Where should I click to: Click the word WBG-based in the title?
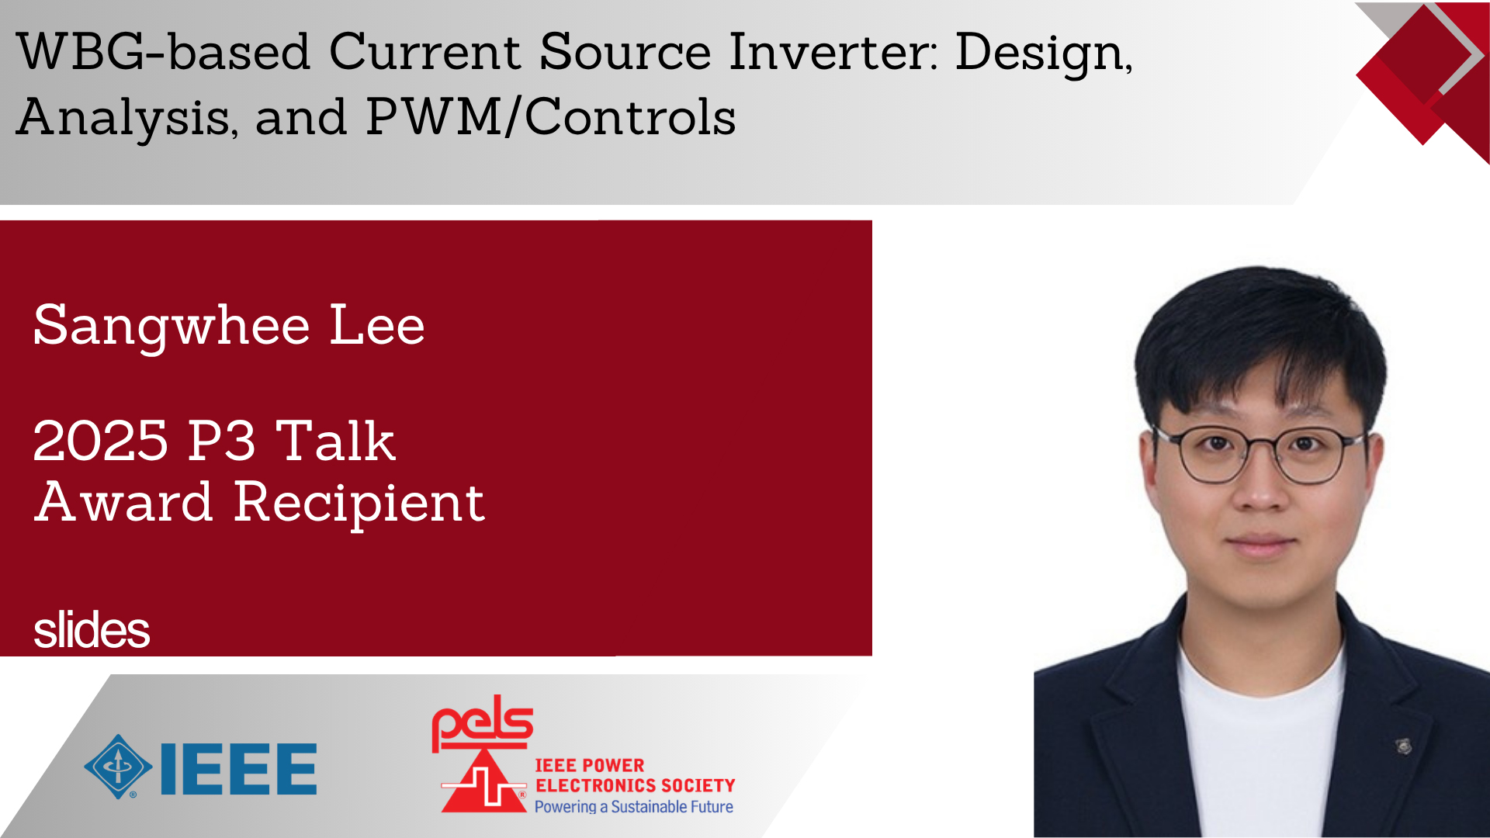pos(164,52)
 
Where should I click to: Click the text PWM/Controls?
pos(551,117)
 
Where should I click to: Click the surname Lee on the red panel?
pos(377,325)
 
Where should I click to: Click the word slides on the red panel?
pos(92,629)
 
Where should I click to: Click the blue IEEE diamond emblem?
pos(118,767)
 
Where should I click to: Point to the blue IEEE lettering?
pos(238,769)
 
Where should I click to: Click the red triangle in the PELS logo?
pos(483,782)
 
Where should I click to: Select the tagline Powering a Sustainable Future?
pos(633,807)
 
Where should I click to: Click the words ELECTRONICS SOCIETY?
pos(636,786)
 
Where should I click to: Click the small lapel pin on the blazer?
pos(1404,746)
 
